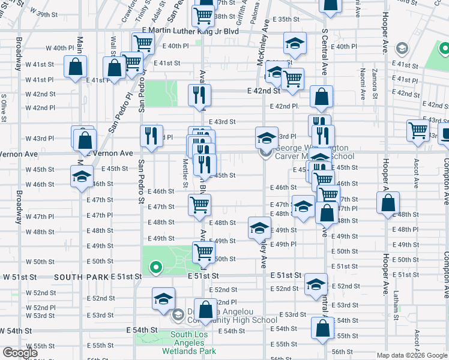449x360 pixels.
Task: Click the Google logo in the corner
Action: click(20, 353)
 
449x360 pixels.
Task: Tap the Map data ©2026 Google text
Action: click(412, 355)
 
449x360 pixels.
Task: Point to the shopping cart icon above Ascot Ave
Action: click(417, 130)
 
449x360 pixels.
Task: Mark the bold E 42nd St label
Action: click(264, 91)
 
